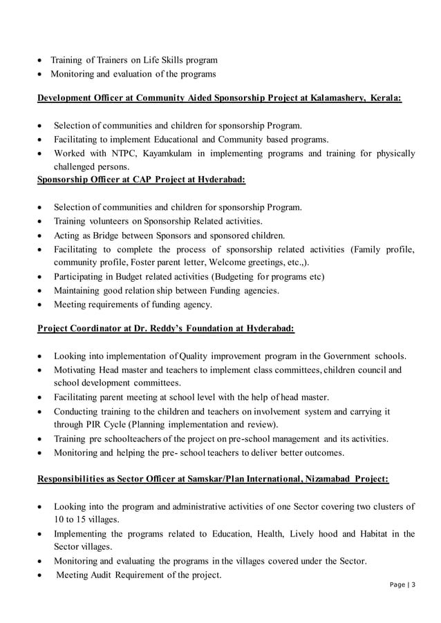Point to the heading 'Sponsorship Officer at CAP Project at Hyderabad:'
(x=141, y=180)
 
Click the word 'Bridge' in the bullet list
(x=109, y=235)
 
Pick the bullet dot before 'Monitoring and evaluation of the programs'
(x=44, y=75)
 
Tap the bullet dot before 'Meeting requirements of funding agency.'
(x=44, y=305)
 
